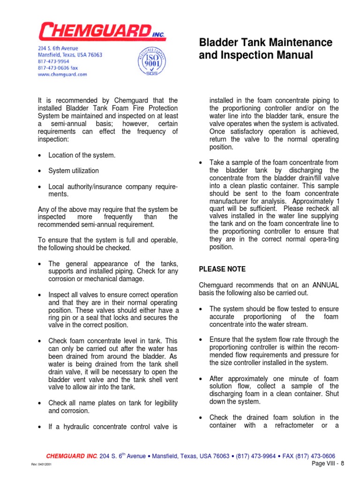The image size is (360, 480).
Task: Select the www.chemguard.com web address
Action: click(x=62, y=74)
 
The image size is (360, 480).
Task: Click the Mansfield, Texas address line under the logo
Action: click(x=70, y=55)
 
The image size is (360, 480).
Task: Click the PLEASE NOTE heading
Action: click(x=222, y=269)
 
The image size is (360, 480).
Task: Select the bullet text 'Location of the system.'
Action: click(x=82, y=155)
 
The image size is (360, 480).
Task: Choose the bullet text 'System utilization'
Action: click(x=74, y=171)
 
